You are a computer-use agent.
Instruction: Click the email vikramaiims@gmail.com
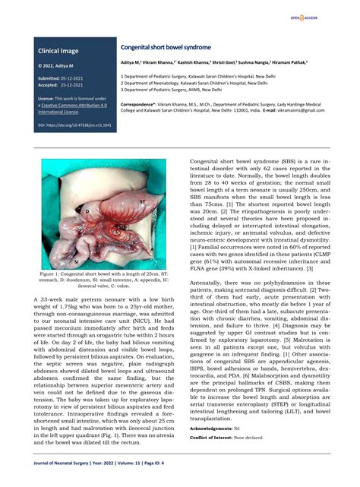point(299,110)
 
